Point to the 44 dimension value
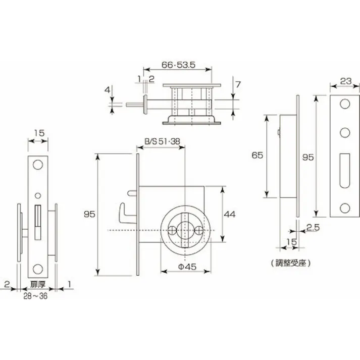[x=230, y=214]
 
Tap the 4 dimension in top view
[x=107, y=90]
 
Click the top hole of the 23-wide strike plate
[x=345, y=104]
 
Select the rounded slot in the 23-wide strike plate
[x=345, y=167]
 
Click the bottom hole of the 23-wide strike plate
[x=345, y=207]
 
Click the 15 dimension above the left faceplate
[x=38, y=133]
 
